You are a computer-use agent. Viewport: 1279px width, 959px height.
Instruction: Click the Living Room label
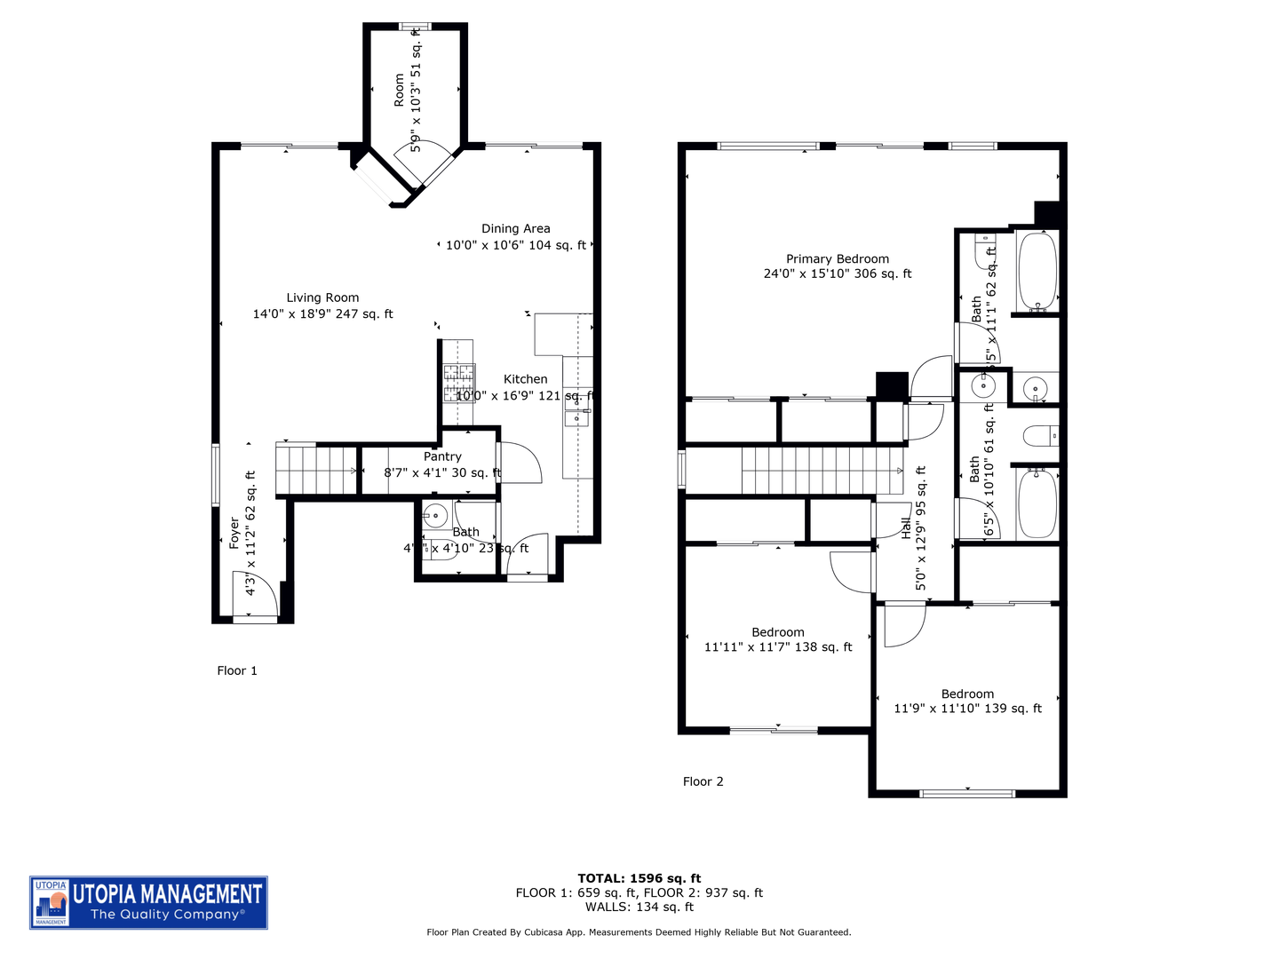tap(322, 298)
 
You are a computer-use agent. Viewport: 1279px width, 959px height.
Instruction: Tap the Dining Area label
tap(515, 229)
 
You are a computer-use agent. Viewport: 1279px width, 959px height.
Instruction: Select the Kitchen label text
tap(525, 379)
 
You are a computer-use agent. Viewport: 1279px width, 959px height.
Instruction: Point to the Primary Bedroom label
tap(837, 259)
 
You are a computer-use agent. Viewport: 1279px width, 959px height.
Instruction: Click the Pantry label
tap(442, 456)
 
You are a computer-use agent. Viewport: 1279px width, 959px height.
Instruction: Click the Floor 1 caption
tap(237, 670)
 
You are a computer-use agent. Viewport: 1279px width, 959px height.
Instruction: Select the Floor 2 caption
tap(703, 781)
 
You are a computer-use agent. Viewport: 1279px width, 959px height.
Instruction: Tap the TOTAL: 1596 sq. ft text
tap(639, 878)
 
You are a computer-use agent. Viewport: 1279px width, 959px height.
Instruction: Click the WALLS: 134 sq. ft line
tap(639, 907)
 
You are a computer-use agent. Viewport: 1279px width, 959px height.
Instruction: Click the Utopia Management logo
tap(148, 902)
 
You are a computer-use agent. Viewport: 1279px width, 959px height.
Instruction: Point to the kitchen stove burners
tap(459, 383)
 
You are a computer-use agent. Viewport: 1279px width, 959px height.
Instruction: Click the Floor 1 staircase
tap(315, 470)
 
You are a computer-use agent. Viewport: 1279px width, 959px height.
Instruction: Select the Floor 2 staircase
tap(822, 470)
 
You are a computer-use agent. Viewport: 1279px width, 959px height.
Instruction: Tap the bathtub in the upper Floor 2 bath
tap(1037, 272)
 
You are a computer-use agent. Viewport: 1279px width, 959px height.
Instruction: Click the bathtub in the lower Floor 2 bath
tap(1037, 503)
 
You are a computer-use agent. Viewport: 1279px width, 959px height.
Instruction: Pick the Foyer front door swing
tap(255, 595)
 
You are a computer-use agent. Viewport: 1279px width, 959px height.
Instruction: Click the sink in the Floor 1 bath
tap(435, 514)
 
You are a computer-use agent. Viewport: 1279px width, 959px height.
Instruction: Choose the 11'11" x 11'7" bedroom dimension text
tap(777, 647)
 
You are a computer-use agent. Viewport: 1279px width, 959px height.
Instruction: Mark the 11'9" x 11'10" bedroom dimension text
tap(967, 709)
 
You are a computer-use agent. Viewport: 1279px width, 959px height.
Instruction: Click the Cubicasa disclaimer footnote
tap(639, 932)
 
